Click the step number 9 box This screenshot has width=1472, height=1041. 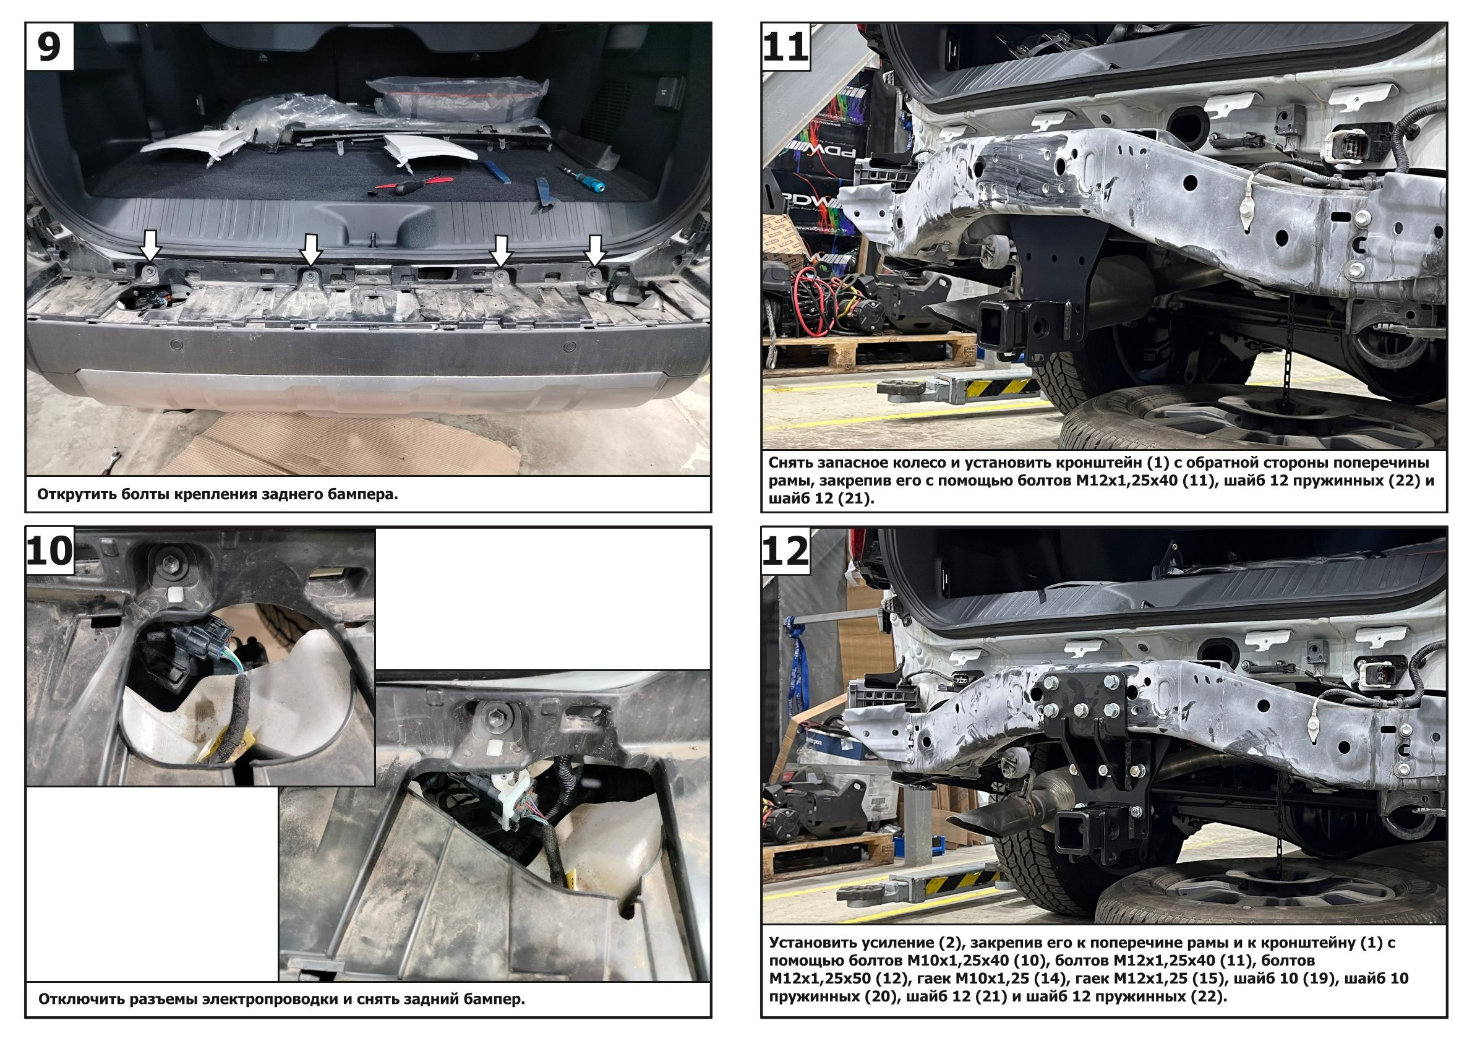[50, 47]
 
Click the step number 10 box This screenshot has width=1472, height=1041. [50, 550]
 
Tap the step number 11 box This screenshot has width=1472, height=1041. [786, 47]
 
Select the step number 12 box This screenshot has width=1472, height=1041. [786, 550]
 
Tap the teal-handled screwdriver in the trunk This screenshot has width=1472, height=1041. [582, 178]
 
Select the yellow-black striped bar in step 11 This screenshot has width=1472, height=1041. [982, 385]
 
